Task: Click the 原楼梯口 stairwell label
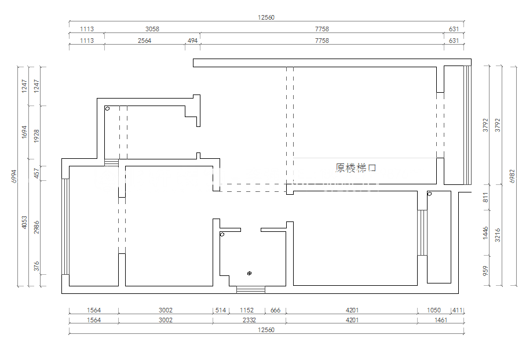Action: [356, 168]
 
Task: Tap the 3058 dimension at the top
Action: [152, 29]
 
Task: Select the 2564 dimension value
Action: [144, 41]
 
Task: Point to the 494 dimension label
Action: [192, 41]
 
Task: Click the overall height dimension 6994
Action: [14, 176]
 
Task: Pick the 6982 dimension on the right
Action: [512, 176]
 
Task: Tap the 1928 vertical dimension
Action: [36, 136]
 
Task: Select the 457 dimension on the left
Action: [36, 173]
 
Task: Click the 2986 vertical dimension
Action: [36, 227]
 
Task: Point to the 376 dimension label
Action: [36, 266]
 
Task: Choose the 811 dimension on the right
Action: [485, 198]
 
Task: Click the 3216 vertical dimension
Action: [497, 235]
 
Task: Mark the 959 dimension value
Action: [485, 271]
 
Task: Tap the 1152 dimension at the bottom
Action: [247, 310]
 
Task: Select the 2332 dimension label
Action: [249, 320]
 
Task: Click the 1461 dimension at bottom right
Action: [440, 320]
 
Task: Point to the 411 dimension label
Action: [457, 310]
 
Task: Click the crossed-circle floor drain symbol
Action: [249, 274]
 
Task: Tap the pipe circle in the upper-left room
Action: [107, 108]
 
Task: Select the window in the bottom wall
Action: [251, 290]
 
